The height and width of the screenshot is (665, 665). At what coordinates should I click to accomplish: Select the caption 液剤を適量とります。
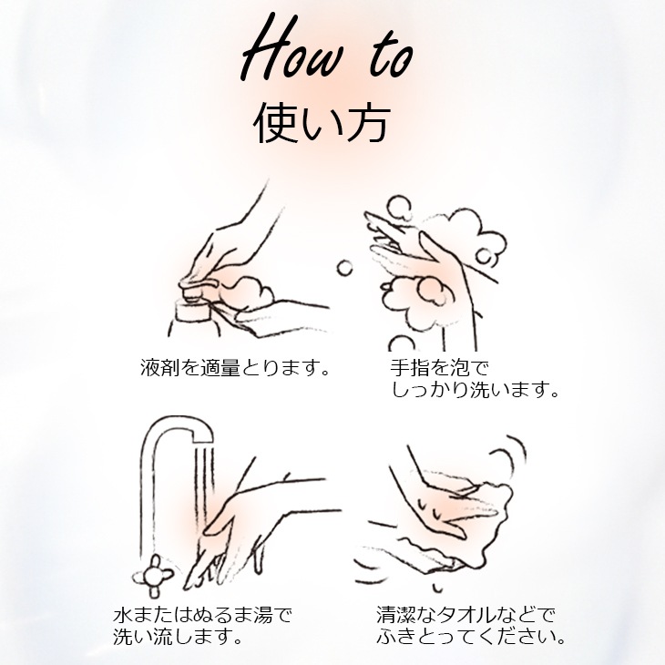tap(235, 369)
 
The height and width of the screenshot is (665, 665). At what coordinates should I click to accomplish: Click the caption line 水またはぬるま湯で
tap(202, 613)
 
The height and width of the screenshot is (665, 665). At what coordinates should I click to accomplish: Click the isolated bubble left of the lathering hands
tap(345, 267)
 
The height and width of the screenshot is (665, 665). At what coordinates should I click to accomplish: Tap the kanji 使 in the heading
tap(274, 126)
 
